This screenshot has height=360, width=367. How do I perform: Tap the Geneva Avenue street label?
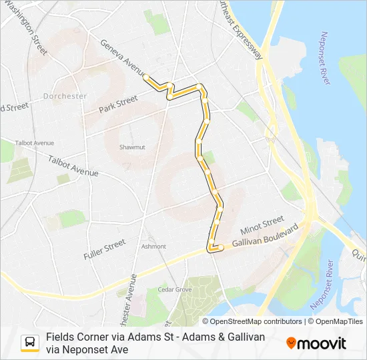123,57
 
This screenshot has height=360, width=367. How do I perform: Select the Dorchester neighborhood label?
65,96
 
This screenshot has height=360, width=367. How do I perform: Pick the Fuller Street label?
105,249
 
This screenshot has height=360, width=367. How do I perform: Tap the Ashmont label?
153,246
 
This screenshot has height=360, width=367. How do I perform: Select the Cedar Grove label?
174,290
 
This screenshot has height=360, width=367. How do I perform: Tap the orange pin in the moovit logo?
291,343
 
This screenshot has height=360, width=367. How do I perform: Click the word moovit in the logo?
322,343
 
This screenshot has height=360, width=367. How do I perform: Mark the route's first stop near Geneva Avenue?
146,77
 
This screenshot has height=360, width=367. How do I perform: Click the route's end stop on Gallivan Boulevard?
220,247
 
